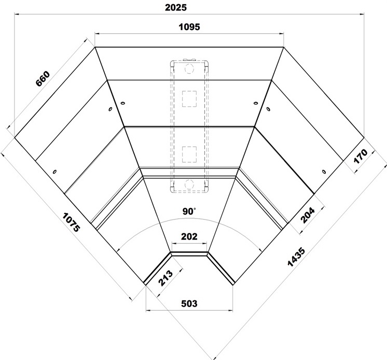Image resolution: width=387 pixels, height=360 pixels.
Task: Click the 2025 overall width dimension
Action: point(176,7)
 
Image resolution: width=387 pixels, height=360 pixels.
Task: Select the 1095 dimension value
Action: point(189,26)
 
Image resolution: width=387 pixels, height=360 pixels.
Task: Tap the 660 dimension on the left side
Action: point(43,79)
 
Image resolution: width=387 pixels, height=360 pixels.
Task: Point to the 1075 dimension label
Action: point(71,223)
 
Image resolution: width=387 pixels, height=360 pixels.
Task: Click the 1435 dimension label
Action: point(296,257)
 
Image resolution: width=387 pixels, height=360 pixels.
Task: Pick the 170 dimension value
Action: point(361,156)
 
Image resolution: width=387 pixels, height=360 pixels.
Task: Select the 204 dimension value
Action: point(308,215)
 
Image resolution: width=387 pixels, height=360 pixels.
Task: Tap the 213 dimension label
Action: point(165,278)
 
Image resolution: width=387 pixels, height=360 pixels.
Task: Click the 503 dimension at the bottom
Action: point(189,303)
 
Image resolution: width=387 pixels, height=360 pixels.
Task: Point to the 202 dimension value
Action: point(189,237)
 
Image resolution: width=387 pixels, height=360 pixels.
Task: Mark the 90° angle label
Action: point(189,211)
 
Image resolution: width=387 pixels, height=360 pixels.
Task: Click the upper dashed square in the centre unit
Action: point(189,99)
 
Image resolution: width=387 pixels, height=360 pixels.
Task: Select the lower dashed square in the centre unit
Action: point(189,155)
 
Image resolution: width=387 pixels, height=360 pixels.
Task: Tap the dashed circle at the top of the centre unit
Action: point(189,68)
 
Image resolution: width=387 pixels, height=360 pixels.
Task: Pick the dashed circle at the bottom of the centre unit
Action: point(189,184)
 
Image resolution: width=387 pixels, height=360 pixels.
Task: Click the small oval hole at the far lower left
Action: point(54,172)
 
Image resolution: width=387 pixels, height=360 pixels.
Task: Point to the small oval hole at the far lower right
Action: point(324,172)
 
